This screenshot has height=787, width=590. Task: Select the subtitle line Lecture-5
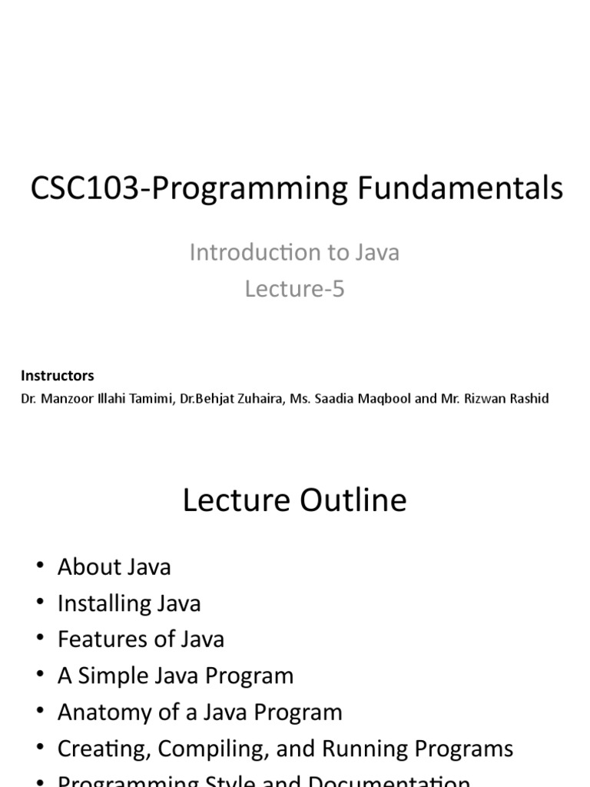point(295,289)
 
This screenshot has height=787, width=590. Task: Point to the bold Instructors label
point(58,376)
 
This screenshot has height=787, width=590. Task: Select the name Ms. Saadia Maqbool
point(350,399)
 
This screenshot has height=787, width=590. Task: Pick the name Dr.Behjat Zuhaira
point(231,399)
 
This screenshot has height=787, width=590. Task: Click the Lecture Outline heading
point(295,500)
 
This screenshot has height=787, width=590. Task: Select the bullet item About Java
point(114,567)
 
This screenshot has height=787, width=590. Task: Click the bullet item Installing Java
point(129,603)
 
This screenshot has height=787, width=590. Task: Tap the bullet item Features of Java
point(141,639)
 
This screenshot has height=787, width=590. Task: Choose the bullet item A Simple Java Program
point(175,676)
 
